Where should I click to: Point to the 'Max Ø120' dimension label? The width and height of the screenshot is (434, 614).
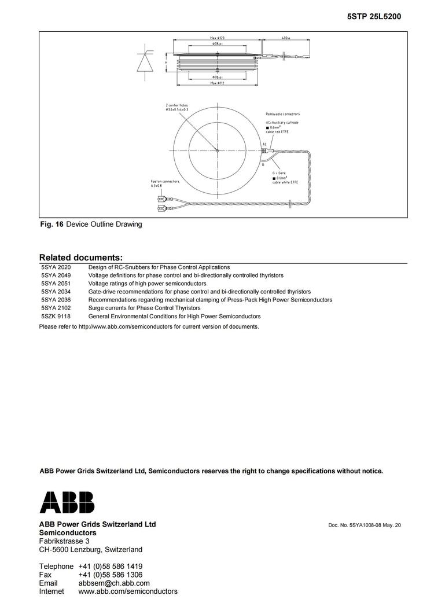218,38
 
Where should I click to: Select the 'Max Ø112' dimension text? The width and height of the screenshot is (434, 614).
217,83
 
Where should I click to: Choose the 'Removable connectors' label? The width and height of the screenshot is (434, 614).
282,114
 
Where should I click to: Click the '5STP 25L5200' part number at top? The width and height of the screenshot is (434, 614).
374,17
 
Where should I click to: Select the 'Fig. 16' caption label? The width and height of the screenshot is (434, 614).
51,224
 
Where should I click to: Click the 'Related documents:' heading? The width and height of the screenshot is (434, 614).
80,257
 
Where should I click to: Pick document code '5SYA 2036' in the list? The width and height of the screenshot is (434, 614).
56,300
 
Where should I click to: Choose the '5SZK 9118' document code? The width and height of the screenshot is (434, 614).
56,317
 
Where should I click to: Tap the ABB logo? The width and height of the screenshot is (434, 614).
67,502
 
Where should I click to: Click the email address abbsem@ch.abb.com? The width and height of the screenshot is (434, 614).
114,583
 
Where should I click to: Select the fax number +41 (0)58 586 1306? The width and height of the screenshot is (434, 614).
110,575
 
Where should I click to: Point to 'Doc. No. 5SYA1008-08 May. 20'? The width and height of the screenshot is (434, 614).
364,525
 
